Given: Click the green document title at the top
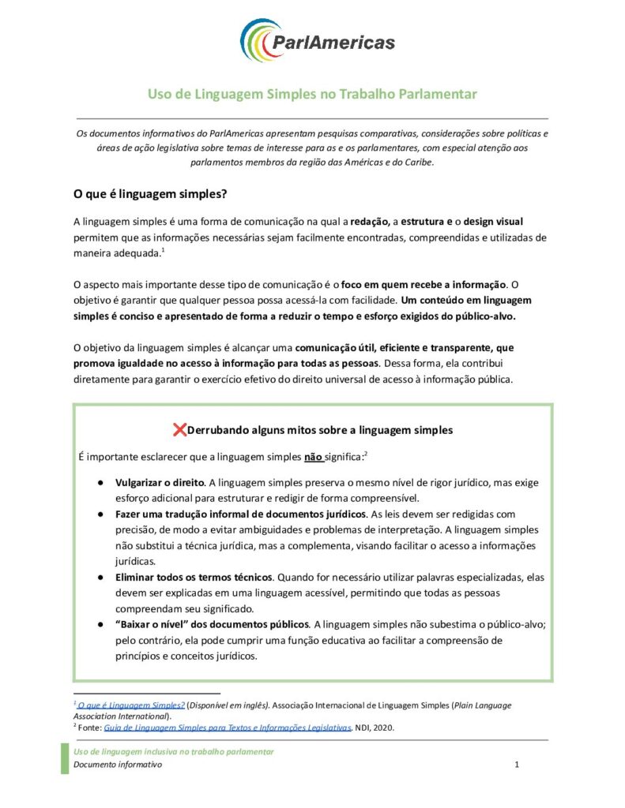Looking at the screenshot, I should point(312,95).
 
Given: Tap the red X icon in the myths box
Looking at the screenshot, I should point(179,429).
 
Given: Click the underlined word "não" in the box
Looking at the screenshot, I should point(313,456).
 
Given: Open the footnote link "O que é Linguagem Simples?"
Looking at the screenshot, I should point(131,704).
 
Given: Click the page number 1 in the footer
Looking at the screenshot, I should point(516,765).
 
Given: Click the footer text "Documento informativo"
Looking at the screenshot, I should point(118,765).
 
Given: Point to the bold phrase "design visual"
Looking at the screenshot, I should point(489,221).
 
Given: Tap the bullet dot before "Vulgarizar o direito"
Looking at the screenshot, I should point(101,482).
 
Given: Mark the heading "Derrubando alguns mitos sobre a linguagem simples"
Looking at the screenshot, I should point(320,430).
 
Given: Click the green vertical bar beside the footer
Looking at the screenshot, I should point(66,757).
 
